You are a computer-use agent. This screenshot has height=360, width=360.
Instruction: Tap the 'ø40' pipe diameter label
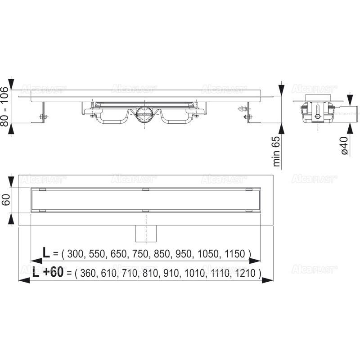[344, 146]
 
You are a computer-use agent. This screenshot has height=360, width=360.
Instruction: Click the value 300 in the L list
[76, 254]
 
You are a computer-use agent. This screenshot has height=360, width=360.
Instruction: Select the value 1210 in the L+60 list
[246, 273]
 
